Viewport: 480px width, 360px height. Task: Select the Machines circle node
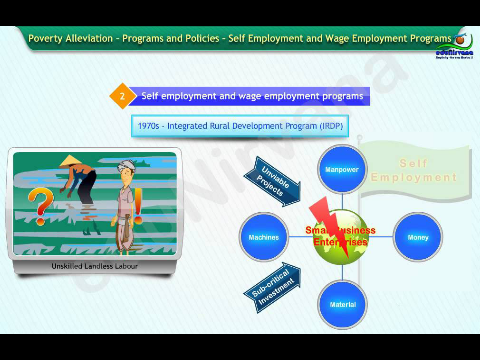[263, 237]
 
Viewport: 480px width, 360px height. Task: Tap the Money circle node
[418, 237]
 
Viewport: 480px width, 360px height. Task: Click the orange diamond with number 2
[122, 96]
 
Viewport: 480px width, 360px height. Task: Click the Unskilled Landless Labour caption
[95, 267]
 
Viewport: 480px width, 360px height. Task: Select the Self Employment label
[413, 170]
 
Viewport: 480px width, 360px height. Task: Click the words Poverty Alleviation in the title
[70, 38]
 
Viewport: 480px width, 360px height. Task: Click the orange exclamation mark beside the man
[139, 210]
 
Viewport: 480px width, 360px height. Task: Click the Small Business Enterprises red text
[341, 236]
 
